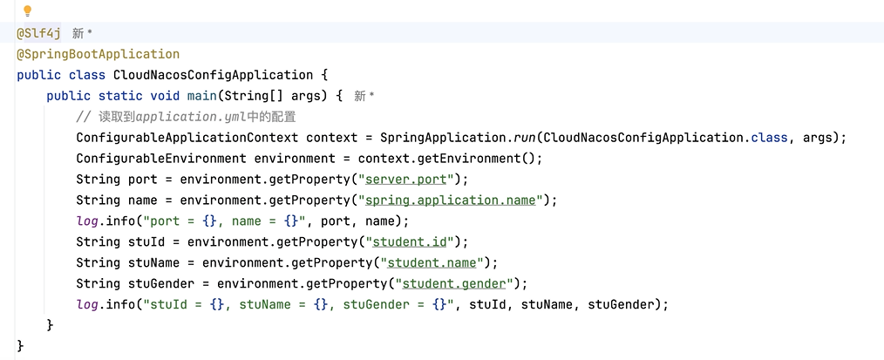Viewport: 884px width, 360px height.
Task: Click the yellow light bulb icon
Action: point(27,11)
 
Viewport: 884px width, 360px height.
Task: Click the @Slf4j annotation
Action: point(38,33)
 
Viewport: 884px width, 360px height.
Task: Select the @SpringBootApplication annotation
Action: point(98,54)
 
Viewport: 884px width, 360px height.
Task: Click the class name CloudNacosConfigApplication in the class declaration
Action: point(213,75)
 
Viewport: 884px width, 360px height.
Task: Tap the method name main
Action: point(205,96)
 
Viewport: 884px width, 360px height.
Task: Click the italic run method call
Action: point(522,138)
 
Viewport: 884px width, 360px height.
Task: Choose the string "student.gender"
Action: point(452,284)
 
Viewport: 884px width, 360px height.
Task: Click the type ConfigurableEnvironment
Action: point(160,159)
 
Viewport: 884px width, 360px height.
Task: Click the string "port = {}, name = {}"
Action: point(224,221)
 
